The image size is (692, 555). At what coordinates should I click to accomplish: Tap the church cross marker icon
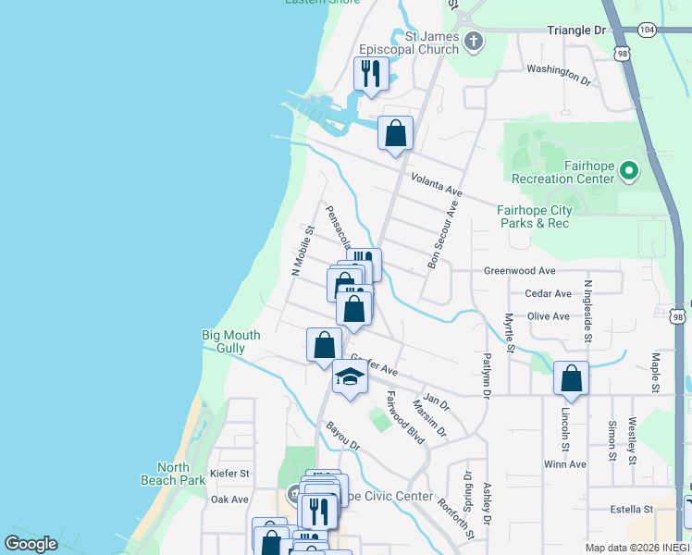(x=474, y=41)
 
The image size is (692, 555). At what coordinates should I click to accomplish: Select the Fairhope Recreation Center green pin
(x=629, y=170)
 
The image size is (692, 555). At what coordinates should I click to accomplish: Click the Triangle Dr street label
(x=575, y=31)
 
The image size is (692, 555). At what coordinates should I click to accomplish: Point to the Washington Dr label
(x=558, y=74)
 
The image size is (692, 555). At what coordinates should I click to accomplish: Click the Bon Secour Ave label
(x=443, y=237)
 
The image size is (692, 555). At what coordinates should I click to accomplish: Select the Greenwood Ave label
(x=519, y=271)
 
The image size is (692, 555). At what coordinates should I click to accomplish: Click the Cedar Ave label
(x=548, y=293)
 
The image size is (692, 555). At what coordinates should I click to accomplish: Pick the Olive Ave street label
(x=548, y=316)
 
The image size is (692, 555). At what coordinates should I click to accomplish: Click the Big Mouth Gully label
(x=230, y=341)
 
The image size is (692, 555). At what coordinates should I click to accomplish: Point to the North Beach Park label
(x=173, y=474)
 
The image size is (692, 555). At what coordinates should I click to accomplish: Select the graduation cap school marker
(x=350, y=376)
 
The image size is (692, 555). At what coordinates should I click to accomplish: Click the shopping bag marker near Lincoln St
(x=571, y=378)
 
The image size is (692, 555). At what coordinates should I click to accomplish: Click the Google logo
(x=31, y=544)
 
